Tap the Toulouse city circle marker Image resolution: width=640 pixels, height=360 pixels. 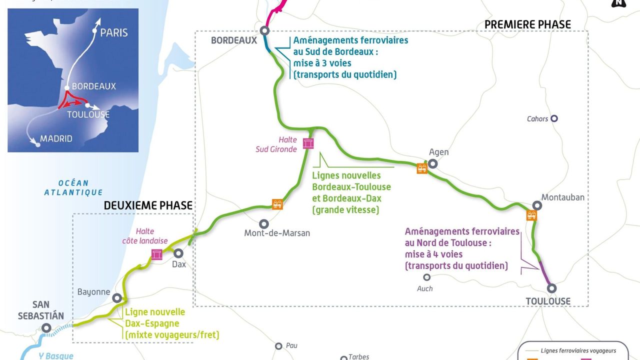pyautogui.click(x=551, y=288)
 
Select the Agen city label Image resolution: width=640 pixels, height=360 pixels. pyautogui.click(x=439, y=152)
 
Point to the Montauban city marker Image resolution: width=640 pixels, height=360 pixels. pyautogui.click(x=537, y=205)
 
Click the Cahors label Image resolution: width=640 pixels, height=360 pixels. pyautogui.click(x=537, y=119)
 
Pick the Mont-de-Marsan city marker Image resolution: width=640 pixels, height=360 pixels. pyautogui.click(x=263, y=224)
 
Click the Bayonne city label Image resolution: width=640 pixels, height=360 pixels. pyautogui.click(x=93, y=291)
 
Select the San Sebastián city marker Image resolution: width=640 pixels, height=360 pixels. pyautogui.click(x=46, y=328)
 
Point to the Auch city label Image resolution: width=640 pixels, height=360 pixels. pyautogui.click(x=424, y=288)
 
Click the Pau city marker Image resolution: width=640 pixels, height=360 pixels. pyautogui.click(x=278, y=346)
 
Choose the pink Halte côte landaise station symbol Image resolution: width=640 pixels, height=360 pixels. pyautogui.click(x=157, y=255)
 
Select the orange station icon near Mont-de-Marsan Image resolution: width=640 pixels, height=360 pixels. pyautogui.click(x=277, y=204)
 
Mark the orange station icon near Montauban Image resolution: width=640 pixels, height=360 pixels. pyautogui.click(x=531, y=215)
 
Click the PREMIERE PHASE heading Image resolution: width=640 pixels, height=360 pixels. pyautogui.click(x=527, y=24)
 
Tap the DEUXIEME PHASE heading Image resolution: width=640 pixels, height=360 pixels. pyautogui.click(x=148, y=205)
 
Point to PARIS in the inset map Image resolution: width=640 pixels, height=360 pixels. pyautogui.click(x=114, y=33)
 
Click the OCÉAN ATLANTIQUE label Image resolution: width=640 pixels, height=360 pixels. pyautogui.click(x=73, y=187)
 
